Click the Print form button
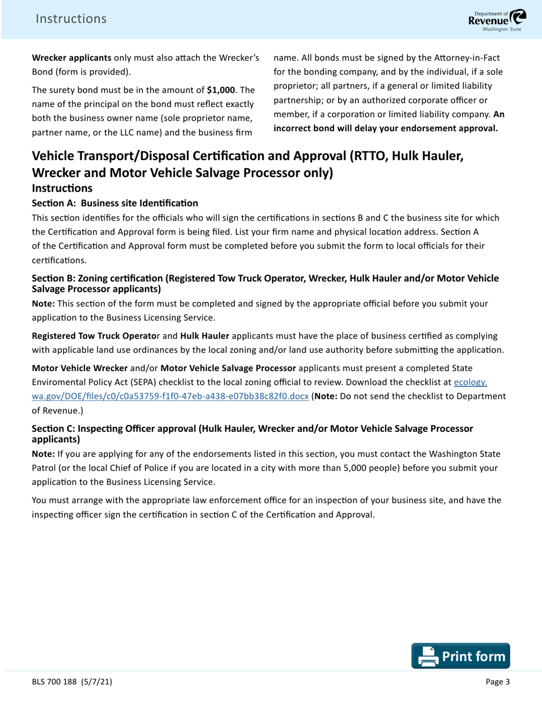460,655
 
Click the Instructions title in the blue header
71,19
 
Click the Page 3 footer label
497,682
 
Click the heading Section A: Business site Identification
115,203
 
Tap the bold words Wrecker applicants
71,58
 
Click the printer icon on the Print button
427,656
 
